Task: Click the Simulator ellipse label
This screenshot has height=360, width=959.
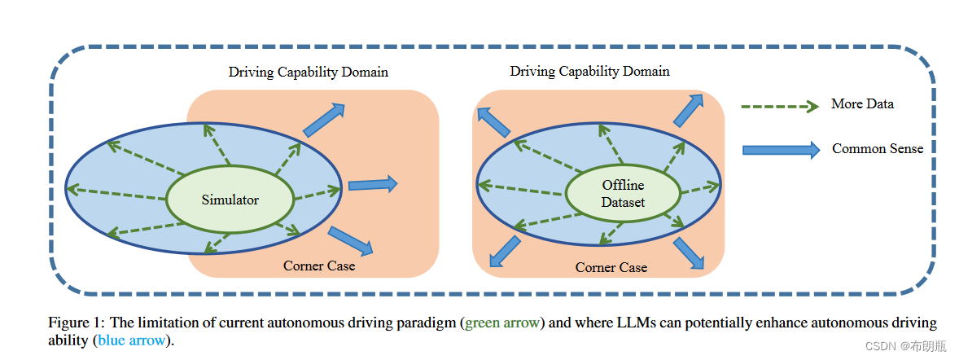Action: click(231, 200)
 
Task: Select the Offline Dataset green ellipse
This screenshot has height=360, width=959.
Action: click(623, 194)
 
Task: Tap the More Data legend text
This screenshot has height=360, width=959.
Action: click(862, 104)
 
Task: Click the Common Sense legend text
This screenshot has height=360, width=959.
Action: click(877, 149)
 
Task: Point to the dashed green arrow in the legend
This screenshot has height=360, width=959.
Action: click(779, 106)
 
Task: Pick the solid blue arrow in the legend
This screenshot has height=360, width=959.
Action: click(781, 150)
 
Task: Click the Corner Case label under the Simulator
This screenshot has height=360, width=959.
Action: click(319, 266)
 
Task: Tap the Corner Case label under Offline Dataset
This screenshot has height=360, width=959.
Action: click(611, 267)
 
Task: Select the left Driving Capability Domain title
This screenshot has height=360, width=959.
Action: click(308, 72)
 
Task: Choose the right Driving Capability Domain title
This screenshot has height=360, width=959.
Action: click(589, 71)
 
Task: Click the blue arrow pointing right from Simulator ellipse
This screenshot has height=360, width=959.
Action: click(373, 185)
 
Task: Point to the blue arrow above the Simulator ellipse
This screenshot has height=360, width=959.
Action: click(323, 119)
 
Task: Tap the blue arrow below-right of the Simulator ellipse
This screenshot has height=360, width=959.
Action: click(351, 240)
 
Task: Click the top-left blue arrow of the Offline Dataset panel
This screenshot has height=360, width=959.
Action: click(494, 121)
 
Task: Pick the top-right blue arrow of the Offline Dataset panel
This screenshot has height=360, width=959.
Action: click(688, 110)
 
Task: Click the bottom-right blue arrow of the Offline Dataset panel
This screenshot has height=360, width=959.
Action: click(689, 252)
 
